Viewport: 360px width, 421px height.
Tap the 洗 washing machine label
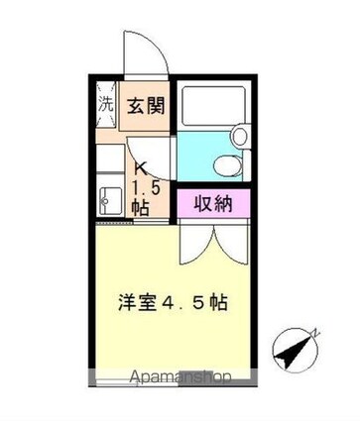click(105, 103)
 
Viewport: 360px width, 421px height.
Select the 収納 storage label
click(214, 204)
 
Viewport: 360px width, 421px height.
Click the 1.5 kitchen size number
click(141, 185)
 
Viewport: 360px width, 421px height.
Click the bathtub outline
click(212, 103)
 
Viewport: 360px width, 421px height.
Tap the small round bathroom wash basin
click(238, 136)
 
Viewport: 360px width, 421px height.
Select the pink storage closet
click(214, 204)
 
